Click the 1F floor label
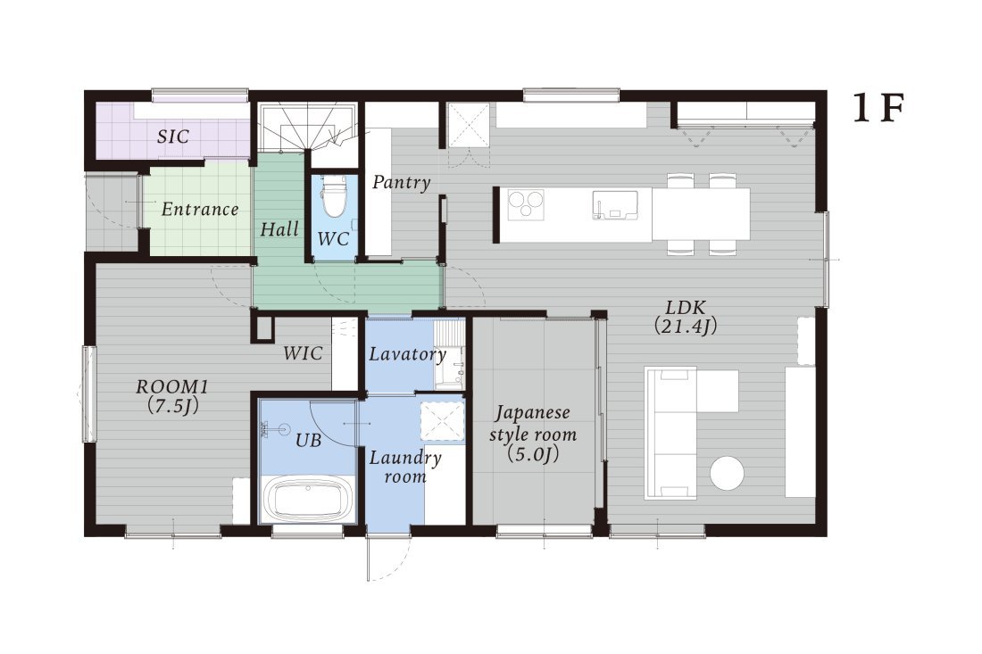point(878,109)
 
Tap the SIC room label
point(173,137)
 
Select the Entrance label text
point(200,209)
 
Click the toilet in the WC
point(333,196)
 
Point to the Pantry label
point(402,182)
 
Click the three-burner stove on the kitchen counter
point(526,204)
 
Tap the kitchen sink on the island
point(615,205)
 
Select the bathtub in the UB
point(307,500)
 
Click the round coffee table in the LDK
point(727,473)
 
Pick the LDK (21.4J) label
point(685,317)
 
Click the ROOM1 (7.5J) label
point(172,395)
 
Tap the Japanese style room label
point(533,433)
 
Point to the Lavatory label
point(407,354)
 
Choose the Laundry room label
point(405,467)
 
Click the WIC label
point(303,353)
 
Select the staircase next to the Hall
point(308,127)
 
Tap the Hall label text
point(279,229)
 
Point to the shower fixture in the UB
point(276,428)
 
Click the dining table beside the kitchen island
point(700,214)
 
